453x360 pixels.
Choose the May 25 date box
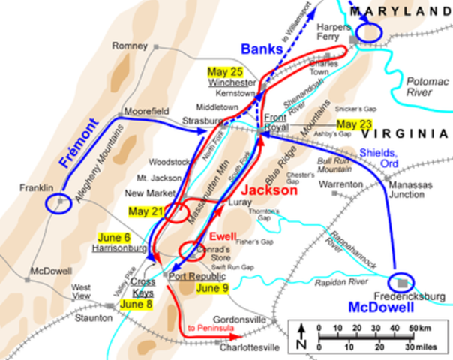[226, 71]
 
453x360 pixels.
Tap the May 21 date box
[146, 211]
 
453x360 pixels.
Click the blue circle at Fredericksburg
[405, 281]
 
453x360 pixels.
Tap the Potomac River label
[418, 87]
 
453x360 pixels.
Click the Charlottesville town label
[250, 347]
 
